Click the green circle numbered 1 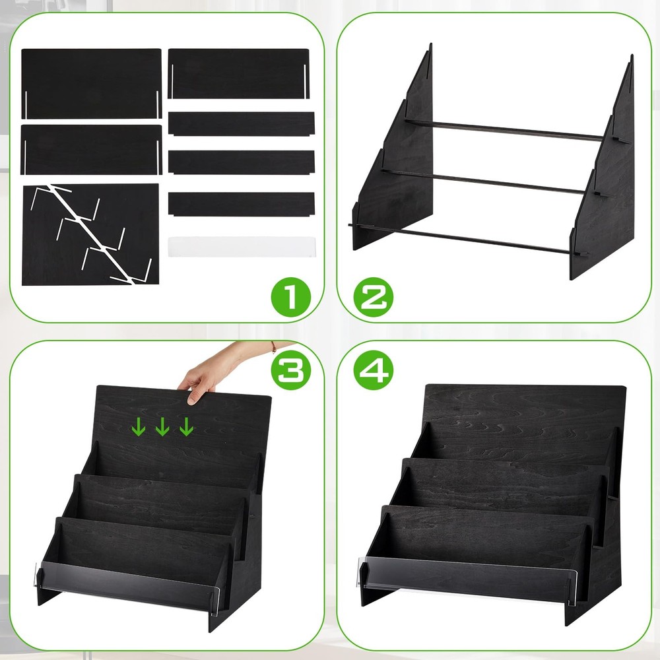click(x=291, y=296)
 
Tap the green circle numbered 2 click(x=374, y=296)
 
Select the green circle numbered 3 click(x=291, y=370)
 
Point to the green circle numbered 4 click(x=374, y=370)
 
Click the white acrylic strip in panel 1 click(x=241, y=247)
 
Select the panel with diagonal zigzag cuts click(x=90, y=234)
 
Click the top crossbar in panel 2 click(x=504, y=129)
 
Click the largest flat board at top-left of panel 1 click(x=91, y=83)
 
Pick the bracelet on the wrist click(x=274, y=347)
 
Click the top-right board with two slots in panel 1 click(x=239, y=74)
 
